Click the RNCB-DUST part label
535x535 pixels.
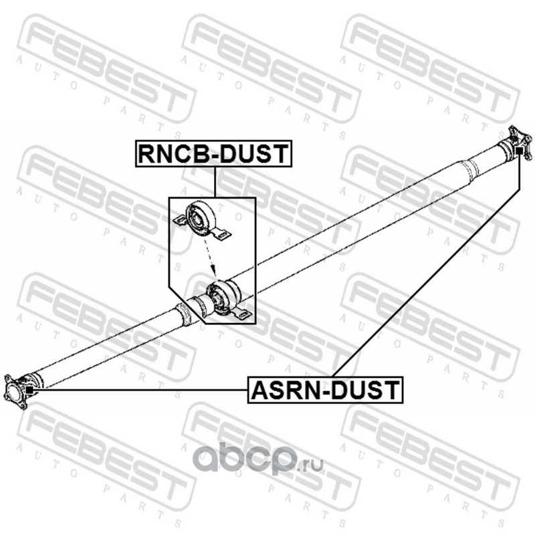point(214,154)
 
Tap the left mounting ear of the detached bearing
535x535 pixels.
point(180,220)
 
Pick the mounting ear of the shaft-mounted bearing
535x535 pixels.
point(243,313)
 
